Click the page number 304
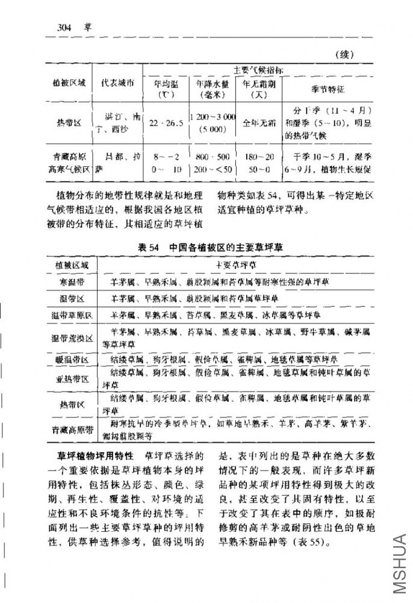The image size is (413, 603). click(x=64, y=27)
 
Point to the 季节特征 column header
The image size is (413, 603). click(x=327, y=89)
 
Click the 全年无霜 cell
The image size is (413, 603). click(x=258, y=123)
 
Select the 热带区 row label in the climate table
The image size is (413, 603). click(x=69, y=123)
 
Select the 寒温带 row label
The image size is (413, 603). click(x=72, y=281)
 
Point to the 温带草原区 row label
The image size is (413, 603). click(x=72, y=315)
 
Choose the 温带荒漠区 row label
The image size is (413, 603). click(x=72, y=338)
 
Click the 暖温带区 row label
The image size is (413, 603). click(x=72, y=360)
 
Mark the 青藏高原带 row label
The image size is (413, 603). click(x=72, y=430)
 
